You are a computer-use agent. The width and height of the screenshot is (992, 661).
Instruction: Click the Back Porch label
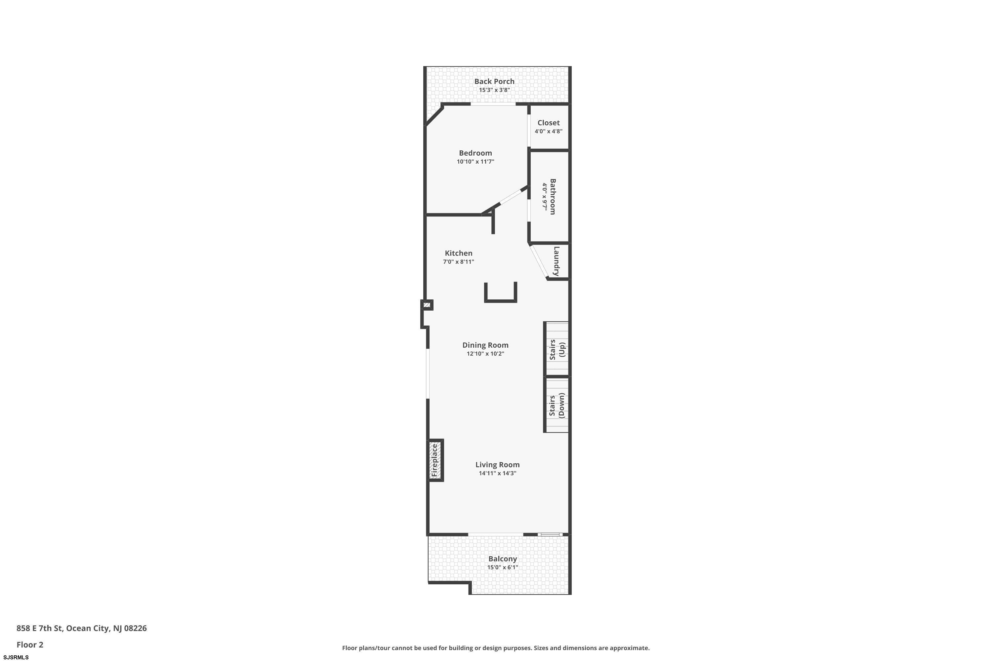[x=494, y=81]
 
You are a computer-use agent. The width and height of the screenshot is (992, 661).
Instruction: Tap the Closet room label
[x=548, y=123]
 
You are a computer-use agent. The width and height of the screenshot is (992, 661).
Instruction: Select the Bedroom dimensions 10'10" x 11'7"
[x=475, y=162]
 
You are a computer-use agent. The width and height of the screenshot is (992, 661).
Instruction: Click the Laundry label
[x=556, y=261]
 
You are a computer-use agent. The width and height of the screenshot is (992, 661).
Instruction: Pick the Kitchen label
[x=458, y=253]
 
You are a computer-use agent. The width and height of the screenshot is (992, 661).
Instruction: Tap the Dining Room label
[x=485, y=345]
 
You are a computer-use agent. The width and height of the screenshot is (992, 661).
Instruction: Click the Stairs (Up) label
[x=557, y=349]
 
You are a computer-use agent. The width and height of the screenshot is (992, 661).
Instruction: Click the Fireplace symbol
[x=435, y=460]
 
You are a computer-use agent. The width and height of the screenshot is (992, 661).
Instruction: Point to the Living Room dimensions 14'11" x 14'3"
[x=497, y=473]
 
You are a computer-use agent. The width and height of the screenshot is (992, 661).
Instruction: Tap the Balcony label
[x=502, y=559]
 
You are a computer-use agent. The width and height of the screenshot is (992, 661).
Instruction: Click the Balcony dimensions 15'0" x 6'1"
[x=502, y=567]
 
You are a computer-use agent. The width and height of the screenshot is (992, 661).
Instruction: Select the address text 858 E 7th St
[x=40, y=628]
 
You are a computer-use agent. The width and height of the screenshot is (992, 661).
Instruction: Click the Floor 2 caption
[x=30, y=644]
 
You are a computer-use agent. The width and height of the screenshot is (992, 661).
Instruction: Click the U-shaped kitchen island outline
[x=501, y=301]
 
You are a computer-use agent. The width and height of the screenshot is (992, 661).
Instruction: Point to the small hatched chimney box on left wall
[x=427, y=305]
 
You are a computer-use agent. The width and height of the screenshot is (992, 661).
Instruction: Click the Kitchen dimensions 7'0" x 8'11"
[x=458, y=262]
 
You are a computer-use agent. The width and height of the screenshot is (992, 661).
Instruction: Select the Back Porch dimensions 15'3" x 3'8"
[x=494, y=90]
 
